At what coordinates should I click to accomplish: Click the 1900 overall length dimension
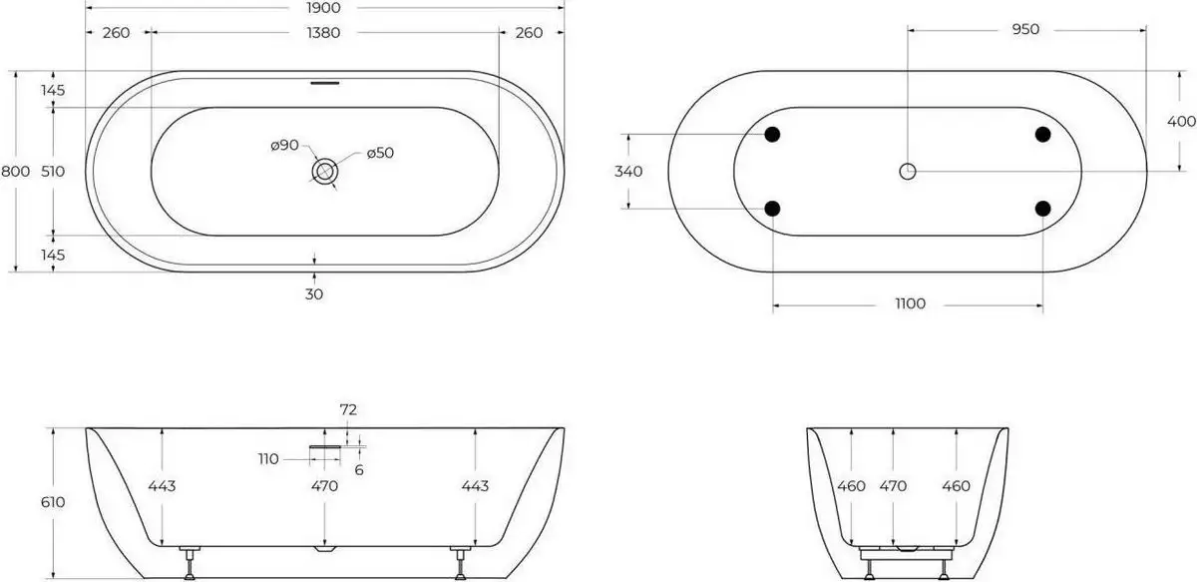coord(324,7)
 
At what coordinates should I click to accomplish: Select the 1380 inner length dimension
coord(324,33)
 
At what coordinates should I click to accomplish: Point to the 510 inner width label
coord(54,171)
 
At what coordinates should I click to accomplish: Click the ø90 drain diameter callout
coord(284,146)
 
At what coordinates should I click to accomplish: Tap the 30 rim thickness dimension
coord(315,293)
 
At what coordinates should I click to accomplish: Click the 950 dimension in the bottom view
coord(1025,29)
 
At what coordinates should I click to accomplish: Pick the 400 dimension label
coord(1181,121)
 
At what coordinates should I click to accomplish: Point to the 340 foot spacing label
coord(628,171)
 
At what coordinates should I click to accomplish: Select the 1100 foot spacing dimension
coord(910,303)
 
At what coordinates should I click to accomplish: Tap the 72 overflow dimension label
coord(348,409)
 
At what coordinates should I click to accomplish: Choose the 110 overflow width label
coord(268,459)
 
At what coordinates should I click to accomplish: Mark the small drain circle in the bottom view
coord(908,172)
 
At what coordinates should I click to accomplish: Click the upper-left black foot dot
coord(772,134)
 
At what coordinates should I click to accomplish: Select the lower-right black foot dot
coord(1043,209)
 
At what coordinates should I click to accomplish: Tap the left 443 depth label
coord(163,486)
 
